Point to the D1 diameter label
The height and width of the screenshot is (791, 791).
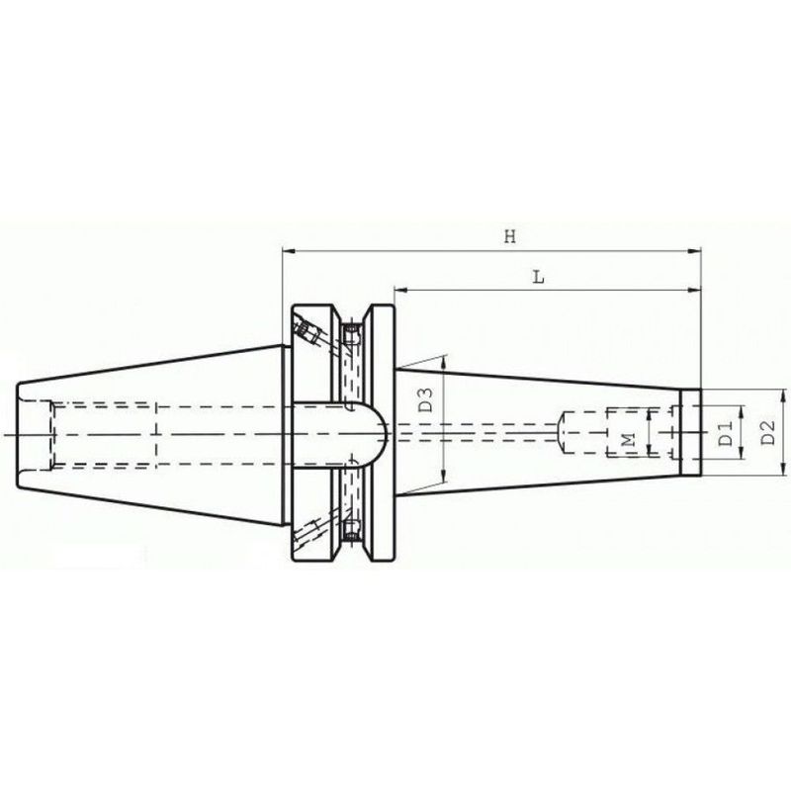[x=725, y=432]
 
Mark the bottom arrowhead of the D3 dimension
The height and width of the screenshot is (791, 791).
[x=444, y=473]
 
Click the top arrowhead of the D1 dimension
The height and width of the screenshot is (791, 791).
[x=737, y=409]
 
